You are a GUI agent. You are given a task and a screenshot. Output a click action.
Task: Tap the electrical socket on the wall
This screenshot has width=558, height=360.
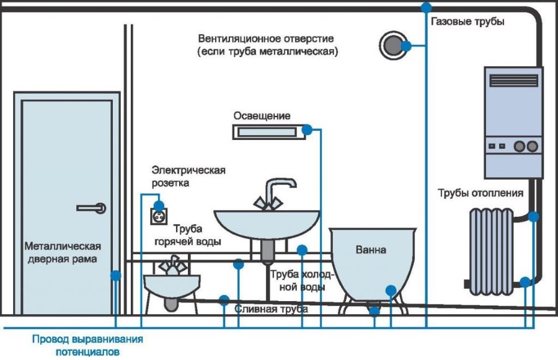tap(159, 216)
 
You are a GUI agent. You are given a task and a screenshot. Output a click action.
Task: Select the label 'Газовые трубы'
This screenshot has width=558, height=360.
tap(467, 22)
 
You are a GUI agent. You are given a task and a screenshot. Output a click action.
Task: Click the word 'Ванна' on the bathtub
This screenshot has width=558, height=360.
tap(371, 250)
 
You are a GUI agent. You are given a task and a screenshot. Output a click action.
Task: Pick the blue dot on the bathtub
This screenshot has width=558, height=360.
tap(391, 289)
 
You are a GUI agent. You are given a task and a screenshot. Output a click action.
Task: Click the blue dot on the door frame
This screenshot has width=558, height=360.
tap(115, 275)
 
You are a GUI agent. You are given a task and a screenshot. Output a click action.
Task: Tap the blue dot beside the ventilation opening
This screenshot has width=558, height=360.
tap(406, 46)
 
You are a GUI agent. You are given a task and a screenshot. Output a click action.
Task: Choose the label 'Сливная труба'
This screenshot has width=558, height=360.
tap(267, 309)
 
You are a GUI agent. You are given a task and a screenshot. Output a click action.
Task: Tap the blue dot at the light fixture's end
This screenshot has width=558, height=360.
tap(307, 130)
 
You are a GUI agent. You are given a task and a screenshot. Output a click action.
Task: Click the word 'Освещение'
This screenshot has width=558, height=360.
tap(262, 116)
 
